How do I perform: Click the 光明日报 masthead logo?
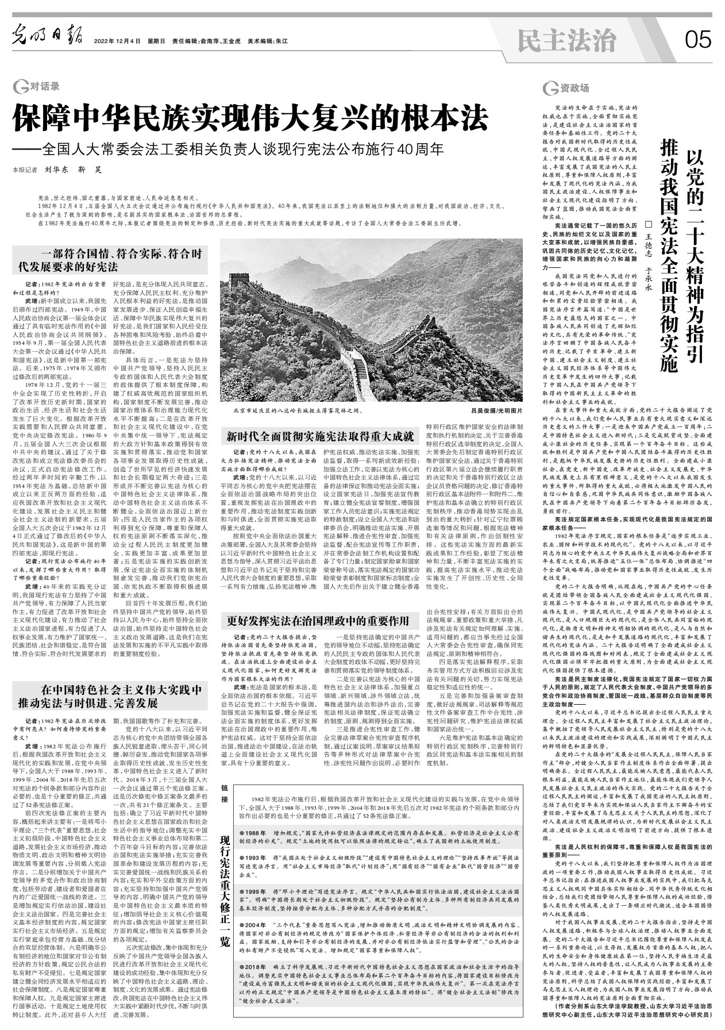50,40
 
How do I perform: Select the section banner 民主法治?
566,40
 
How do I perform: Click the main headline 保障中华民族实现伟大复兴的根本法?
251,119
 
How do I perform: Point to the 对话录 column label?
38,88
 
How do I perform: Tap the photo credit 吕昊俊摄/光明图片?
497,412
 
